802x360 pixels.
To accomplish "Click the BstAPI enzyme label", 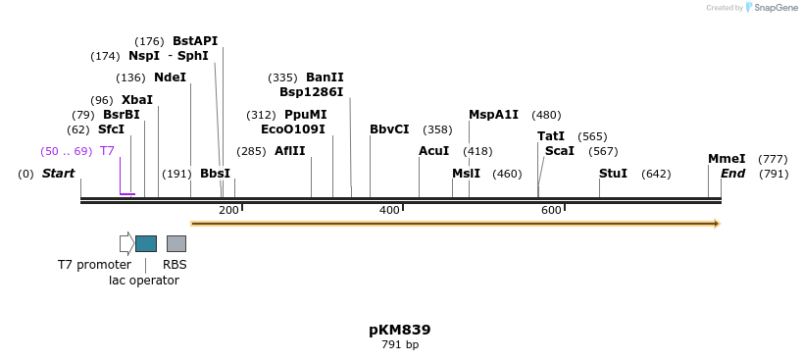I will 195,41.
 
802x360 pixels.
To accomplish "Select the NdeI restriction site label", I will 170,77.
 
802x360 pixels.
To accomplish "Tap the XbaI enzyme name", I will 137,100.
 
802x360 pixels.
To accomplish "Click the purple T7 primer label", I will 107,151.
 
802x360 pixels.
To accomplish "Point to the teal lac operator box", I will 146,243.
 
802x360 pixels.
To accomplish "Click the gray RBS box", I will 175,243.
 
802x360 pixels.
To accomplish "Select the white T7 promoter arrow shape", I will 126,243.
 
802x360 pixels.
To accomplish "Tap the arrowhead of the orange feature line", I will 717,224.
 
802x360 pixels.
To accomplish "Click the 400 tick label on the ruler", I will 389,211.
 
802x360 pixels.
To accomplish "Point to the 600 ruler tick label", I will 551,211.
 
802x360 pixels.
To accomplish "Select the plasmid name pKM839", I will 400,330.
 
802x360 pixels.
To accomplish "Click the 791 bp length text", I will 400,344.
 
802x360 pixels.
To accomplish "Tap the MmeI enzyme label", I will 727,159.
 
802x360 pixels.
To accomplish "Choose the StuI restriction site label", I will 613,174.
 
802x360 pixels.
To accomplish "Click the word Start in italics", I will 58,174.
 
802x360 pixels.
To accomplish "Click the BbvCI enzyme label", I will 389,129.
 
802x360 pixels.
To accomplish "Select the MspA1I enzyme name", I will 493,115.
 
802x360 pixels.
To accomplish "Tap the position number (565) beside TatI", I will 592,136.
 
